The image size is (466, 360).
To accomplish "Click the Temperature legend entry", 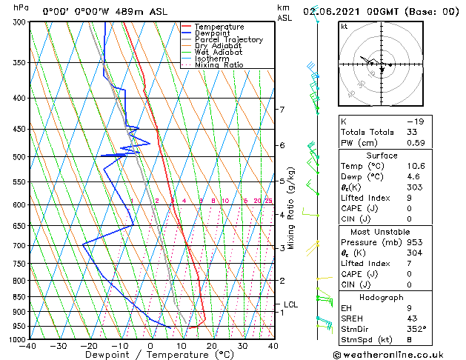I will click(x=219, y=27).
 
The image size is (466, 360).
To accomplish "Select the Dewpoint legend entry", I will click(x=213, y=33).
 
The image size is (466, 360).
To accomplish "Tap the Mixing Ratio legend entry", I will click(x=219, y=65).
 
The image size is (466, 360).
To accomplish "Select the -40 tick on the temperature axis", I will click(x=28, y=346).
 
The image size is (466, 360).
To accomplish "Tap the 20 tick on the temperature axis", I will click(x=211, y=346).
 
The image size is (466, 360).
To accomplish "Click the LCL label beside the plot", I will click(x=290, y=304).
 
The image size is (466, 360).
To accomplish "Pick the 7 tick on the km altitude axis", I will click(x=282, y=110).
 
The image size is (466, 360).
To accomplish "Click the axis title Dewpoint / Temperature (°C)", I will click(x=150, y=355).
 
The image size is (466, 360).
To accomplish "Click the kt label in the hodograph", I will click(x=344, y=27).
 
